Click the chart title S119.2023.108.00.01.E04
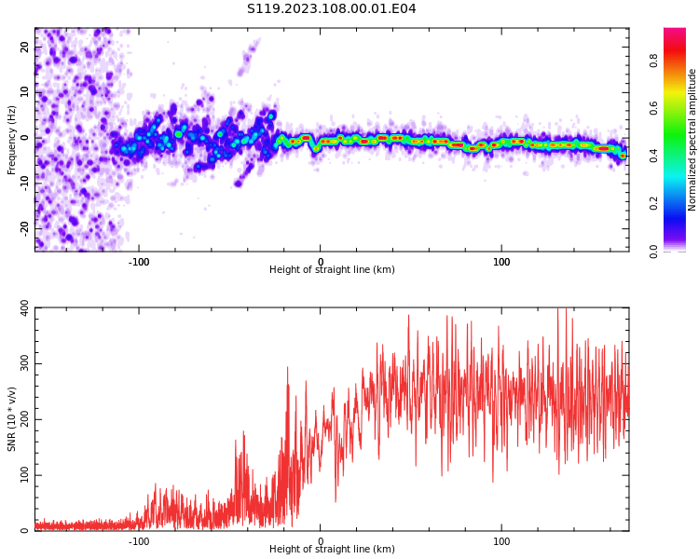(x=331, y=9)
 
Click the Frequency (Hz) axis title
(x=12, y=140)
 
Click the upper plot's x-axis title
(x=332, y=270)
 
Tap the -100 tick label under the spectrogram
(x=139, y=262)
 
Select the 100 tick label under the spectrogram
(x=501, y=262)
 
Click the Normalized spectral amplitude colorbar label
(x=692, y=140)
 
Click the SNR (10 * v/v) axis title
(x=12, y=419)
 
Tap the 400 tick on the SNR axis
(x=20, y=307)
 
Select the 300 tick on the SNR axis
(x=20, y=363)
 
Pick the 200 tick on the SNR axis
(x=20, y=419)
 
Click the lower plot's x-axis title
(x=332, y=550)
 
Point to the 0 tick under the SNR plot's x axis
(x=321, y=541)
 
